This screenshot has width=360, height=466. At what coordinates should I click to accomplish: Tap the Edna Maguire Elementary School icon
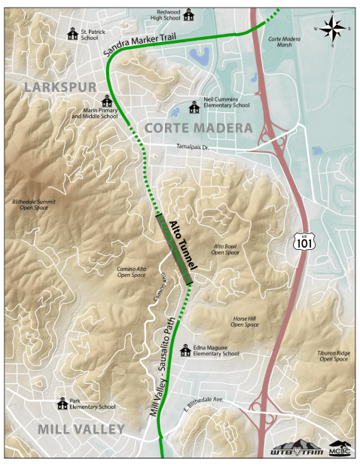click(x=185, y=350)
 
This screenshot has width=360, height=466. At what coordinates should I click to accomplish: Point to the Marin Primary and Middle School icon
click(x=107, y=102)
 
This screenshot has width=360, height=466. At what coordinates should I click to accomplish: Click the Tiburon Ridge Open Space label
click(x=334, y=356)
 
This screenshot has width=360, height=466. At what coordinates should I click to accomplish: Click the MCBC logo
click(x=340, y=449)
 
